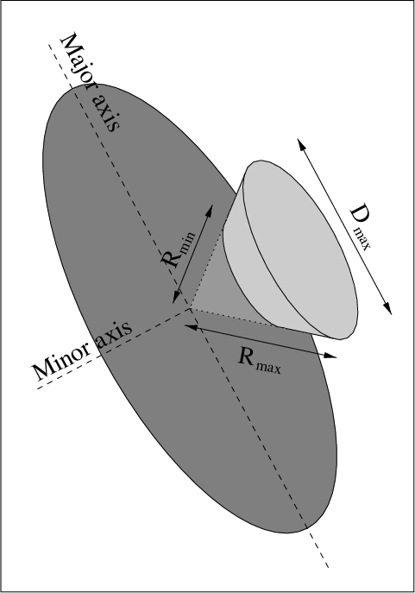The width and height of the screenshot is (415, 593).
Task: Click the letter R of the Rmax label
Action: (x=246, y=356)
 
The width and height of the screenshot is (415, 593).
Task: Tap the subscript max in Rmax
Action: (x=268, y=367)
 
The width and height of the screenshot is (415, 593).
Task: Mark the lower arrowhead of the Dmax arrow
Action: (x=387, y=308)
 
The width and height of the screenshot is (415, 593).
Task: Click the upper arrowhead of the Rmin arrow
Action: (x=209, y=211)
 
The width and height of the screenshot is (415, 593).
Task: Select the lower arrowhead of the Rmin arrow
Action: (x=177, y=297)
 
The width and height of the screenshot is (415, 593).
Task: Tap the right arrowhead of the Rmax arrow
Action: (x=330, y=356)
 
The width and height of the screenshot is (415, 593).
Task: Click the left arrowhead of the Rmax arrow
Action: (x=191, y=326)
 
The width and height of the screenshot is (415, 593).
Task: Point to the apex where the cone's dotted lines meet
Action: (x=190, y=308)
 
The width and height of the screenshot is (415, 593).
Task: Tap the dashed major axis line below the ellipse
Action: (x=318, y=547)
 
